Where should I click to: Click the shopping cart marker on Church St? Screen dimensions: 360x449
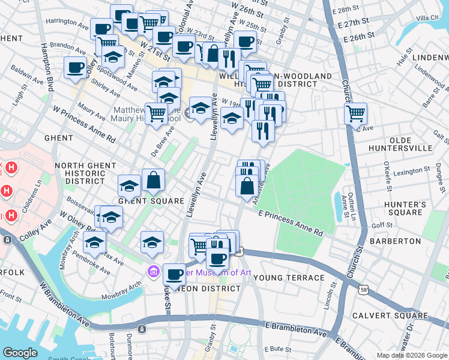pyautogui.click(x=357, y=112)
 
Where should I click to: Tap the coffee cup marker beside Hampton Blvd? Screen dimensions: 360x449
pyautogui.click(x=76, y=67)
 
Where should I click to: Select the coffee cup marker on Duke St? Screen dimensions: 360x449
pyautogui.click(x=174, y=274)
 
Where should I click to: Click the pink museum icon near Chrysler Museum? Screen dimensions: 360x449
pyautogui.click(x=153, y=272)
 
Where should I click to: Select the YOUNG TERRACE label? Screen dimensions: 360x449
pyautogui.click(x=289, y=278)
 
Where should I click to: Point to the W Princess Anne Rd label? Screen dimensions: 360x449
pyautogui.click(x=83, y=124)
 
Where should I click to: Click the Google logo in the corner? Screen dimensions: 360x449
pyautogui.click(x=20, y=353)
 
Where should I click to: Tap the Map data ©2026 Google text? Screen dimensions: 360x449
pyautogui.click(x=411, y=355)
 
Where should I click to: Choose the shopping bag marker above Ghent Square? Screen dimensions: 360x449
pyautogui.click(x=153, y=179)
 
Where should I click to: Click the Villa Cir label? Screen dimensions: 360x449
pyautogui.click(x=427, y=18)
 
